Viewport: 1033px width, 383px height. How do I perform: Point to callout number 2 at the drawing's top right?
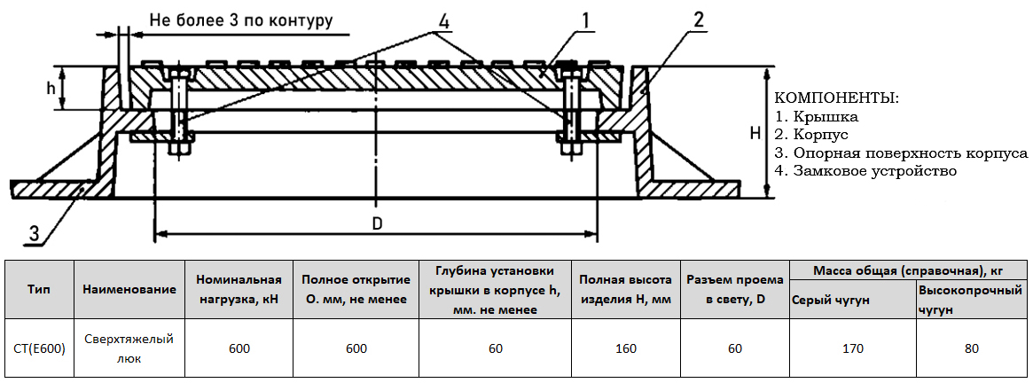pos(700,19)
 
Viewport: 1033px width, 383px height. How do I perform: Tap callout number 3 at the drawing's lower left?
pos(34,234)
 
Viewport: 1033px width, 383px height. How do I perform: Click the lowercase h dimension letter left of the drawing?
pos(51,89)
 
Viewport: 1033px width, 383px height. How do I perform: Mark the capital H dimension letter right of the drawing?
pos(754,134)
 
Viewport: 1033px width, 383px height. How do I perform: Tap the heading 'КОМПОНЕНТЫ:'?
pos(836,98)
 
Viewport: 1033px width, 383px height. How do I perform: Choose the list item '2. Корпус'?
pos(811,134)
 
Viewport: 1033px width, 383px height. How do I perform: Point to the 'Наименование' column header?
pos(129,290)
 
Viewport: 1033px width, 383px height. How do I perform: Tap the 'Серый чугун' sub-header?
pos(830,300)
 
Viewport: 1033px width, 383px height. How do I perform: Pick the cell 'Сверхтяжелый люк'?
pos(129,348)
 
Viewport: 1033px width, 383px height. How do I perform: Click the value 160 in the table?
pos(625,348)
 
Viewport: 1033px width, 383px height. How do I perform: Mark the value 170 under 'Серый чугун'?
pos(852,348)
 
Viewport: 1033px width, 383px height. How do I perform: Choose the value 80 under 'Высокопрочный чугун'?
pos(971,348)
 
